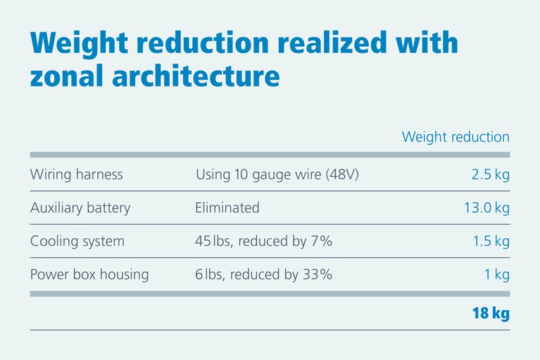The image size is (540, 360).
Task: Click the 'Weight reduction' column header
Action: coord(456,137)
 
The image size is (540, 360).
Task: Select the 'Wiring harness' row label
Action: coord(76,175)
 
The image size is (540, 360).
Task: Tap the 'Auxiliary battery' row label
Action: coord(80,208)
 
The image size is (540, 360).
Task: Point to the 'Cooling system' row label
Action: coord(77,242)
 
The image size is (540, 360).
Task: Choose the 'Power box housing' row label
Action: coord(89,275)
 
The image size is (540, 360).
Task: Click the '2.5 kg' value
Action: coord(490,175)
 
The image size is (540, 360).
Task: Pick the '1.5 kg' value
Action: coord(491,242)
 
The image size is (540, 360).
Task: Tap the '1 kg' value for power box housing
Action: coord(496,275)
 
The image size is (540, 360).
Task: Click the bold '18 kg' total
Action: coord(490,314)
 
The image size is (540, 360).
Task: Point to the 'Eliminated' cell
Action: coord(227,208)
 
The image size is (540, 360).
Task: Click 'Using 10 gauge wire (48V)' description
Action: coord(277,175)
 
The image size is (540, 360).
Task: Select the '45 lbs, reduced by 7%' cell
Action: coord(263,242)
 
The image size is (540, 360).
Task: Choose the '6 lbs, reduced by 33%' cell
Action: coord(263,275)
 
